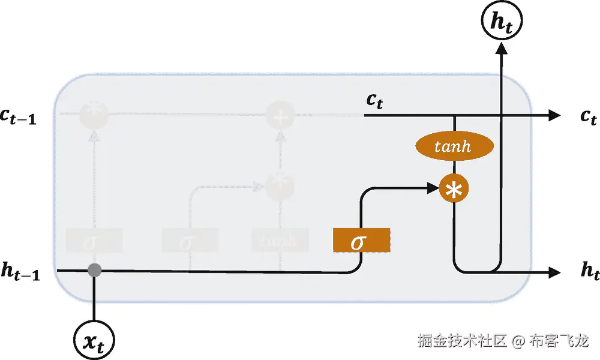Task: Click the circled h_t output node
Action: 501,22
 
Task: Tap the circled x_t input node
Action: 94,340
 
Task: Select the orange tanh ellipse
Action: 454,146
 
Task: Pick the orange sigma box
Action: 361,241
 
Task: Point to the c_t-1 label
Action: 18,117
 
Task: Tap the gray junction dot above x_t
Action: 94,270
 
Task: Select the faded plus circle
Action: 279,115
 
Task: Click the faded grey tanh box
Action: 280,241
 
